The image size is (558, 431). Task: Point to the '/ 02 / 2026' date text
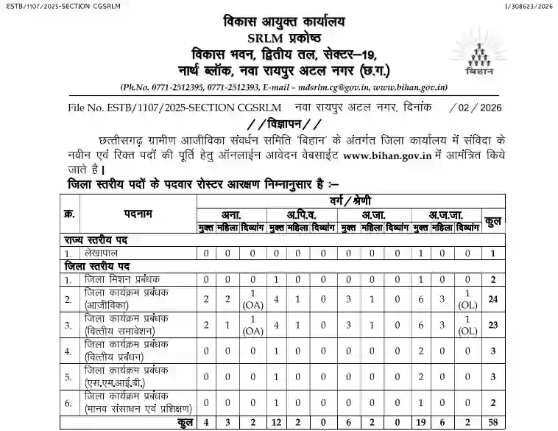(469, 108)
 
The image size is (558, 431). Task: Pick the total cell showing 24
(492, 299)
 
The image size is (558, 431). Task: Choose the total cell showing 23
(492, 324)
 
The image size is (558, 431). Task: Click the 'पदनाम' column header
(138, 214)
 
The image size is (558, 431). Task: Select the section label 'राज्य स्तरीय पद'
(96, 240)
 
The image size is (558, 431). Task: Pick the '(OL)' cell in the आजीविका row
(467, 304)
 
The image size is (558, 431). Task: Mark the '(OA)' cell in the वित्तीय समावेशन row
(252, 330)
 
